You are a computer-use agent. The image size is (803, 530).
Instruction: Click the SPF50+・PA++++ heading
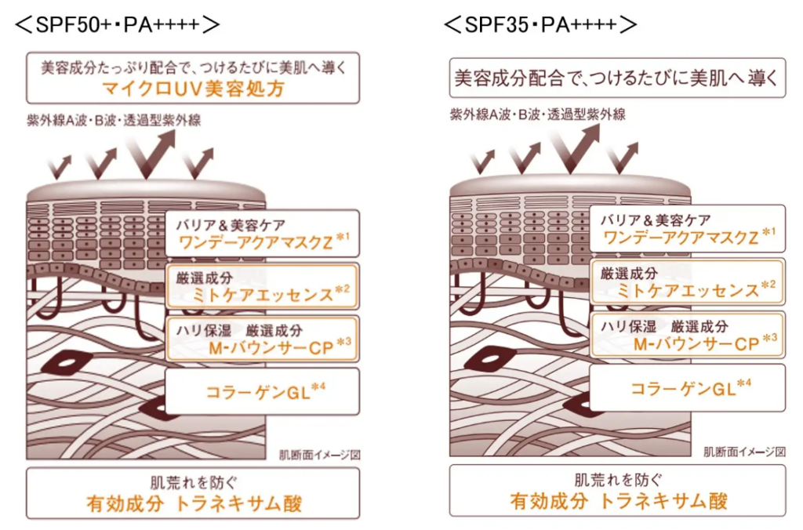pos(118,24)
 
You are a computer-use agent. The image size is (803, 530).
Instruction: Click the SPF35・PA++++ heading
pos(540,24)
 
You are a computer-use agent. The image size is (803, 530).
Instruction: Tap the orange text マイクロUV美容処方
pos(193,89)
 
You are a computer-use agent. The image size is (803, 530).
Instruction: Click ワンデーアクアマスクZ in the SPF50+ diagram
pos(256,242)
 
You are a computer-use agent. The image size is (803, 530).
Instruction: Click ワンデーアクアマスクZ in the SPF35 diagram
pos(681,238)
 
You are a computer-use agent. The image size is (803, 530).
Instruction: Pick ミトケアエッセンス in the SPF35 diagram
pos(687,290)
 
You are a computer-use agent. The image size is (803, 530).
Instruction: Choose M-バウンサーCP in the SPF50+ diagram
pos(271,348)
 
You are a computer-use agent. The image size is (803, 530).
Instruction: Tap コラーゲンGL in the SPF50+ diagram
pos(258,393)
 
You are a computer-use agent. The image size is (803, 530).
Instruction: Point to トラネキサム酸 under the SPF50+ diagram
pos(238,504)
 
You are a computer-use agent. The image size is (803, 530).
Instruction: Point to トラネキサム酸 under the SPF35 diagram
pos(663,501)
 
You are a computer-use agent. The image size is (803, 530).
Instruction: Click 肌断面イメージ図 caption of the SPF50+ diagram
pos(320,455)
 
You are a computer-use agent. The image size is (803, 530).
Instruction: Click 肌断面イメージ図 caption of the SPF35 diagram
pos(745,452)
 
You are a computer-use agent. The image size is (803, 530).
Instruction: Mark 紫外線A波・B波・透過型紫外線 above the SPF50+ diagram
pos(114,120)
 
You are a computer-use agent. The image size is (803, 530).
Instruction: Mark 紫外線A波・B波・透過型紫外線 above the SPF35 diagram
pos(538,114)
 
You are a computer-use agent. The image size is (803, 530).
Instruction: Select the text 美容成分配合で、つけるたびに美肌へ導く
pos(616,78)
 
